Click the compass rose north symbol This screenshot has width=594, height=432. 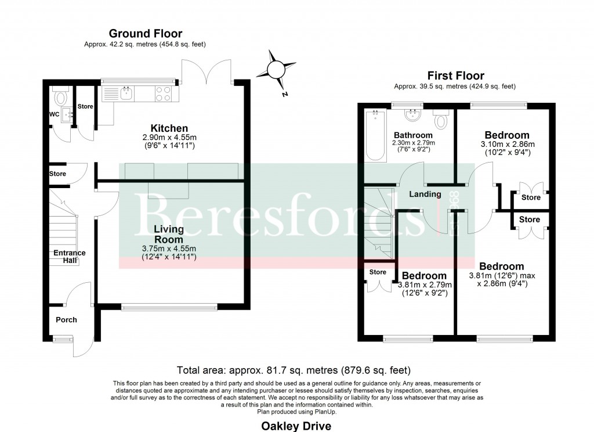(277, 70)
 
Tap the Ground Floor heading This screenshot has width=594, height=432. (146, 34)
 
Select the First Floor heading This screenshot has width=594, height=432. (455, 75)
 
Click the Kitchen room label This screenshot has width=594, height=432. (169, 128)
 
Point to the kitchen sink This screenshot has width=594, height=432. (125, 93)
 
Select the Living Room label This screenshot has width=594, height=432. (169, 234)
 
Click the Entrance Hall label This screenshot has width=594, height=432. (70, 257)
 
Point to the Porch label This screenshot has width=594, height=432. (66, 320)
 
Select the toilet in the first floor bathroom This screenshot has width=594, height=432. (441, 119)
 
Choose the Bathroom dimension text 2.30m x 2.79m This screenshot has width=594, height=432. (414, 143)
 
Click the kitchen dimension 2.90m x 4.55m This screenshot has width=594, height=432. (169, 138)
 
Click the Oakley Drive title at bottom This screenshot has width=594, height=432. (296, 426)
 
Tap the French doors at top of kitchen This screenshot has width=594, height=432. (208, 70)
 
